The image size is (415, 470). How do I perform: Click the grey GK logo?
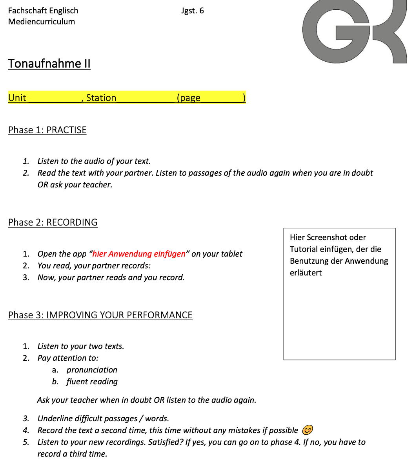(355, 31)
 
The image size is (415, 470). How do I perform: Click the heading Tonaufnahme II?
(49, 64)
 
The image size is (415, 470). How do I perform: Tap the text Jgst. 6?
(193, 11)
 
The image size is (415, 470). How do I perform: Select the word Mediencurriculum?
(42, 22)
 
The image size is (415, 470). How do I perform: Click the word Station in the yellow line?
(101, 98)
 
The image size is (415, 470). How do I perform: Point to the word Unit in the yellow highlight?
(17, 98)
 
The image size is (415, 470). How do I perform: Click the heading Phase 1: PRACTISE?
(47, 130)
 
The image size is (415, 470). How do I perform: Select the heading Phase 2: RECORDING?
(53, 222)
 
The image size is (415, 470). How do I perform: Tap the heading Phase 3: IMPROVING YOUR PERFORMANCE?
(100, 315)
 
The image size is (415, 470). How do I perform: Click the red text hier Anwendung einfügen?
(139, 254)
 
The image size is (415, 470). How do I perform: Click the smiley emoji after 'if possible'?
(308, 430)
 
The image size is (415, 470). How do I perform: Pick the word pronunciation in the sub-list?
(92, 370)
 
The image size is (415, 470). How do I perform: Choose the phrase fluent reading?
(92, 382)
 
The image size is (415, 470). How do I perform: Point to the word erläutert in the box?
(306, 273)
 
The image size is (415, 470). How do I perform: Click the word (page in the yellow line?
(189, 98)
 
